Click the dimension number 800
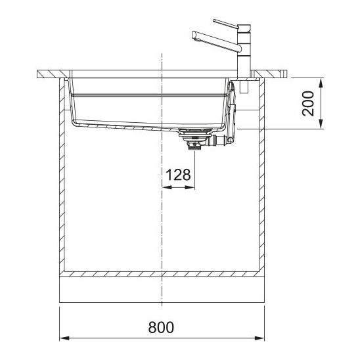161,327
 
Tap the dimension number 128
178,175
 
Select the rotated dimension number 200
308,103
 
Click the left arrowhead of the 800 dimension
64,338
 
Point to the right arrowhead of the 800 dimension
259,338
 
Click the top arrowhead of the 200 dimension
321,83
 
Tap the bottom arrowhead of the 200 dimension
321,124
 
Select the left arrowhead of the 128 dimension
167,188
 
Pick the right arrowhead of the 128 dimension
190,188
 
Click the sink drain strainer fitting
194,139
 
